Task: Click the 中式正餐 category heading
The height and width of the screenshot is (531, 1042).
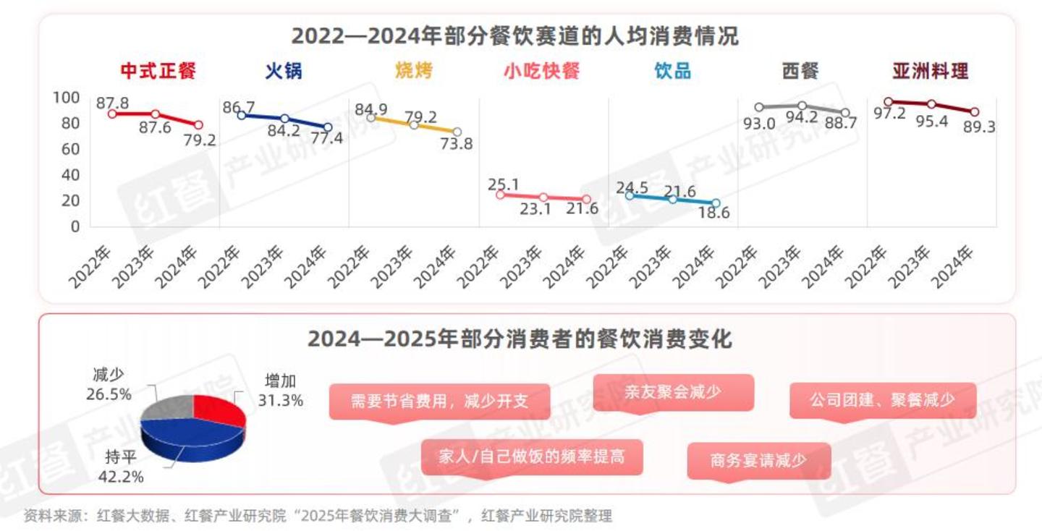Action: pyautogui.click(x=158, y=71)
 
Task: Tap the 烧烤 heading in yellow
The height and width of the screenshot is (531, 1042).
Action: pyautogui.click(x=413, y=71)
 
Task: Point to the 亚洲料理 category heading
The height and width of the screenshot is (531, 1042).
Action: pyautogui.click(x=930, y=71)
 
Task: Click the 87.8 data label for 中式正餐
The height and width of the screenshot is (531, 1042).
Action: pyautogui.click(x=112, y=103)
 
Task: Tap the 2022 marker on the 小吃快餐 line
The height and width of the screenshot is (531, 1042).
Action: pyautogui.click(x=500, y=194)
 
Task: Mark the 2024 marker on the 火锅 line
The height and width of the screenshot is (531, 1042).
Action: pyautogui.click(x=328, y=127)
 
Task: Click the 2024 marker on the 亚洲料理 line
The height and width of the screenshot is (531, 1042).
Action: pyautogui.click(x=975, y=112)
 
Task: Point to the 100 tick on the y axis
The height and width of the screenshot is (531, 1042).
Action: pyautogui.click(x=67, y=98)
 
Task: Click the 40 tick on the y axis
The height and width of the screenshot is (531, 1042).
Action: pyautogui.click(x=70, y=175)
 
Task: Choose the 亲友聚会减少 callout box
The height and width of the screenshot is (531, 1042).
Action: pyautogui.click(x=673, y=392)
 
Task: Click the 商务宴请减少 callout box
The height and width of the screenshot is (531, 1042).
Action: pyautogui.click(x=758, y=460)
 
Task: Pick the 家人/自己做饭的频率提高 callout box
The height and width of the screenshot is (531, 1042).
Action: pyautogui.click(x=532, y=456)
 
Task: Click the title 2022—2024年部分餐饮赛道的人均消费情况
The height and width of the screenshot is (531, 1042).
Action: pyautogui.click(x=514, y=35)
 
